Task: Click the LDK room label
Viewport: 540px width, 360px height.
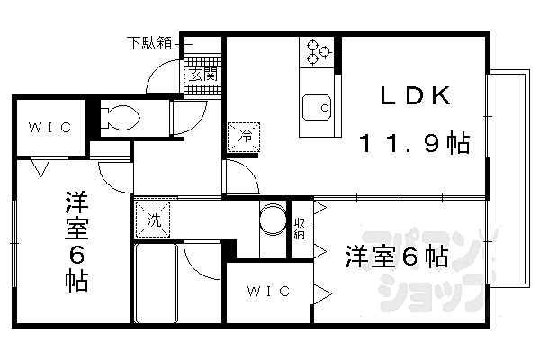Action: pos(415,95)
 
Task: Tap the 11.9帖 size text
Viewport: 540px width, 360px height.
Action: pos(415,143)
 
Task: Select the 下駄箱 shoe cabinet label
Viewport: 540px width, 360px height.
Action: pos(149,43)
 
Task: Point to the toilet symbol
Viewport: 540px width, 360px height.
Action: pos(120,117)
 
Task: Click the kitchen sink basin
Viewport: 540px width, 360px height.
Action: pos(317,107)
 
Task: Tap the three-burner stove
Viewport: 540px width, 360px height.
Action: pos(317,52)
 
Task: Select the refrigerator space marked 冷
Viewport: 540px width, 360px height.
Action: pos(244,137)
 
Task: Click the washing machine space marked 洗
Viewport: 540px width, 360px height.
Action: pos(153,220)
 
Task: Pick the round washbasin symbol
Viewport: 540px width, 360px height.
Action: pos(273,219)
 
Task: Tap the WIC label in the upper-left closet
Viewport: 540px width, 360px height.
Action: pos(50,128)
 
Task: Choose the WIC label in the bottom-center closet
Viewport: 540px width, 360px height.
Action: pos(268,292)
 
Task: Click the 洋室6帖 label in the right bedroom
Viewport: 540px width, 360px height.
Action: pos(397,256)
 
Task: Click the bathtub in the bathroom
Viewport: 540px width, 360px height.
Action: pos(156,283)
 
